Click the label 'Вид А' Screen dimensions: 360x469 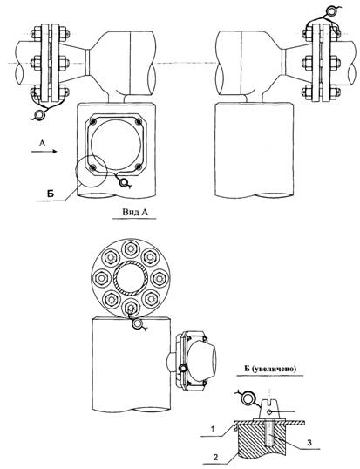coord(135,212)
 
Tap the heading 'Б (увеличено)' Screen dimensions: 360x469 coord(270,369)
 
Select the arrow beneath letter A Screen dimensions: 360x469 coord(44,152)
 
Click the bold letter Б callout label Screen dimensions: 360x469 coord(51,194)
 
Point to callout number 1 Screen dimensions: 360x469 coord(213,429)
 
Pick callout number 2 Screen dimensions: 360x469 coord(215,457)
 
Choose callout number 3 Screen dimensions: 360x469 coord(309,442)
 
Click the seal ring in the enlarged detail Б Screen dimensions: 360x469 coord(248,398)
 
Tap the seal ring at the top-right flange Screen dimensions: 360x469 coord(331,11)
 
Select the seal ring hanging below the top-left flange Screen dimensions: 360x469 coord(39,114)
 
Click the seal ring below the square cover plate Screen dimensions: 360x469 coord(123,182)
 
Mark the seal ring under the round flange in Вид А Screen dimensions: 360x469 coord(138,324)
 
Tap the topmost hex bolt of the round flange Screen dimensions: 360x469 coord(130,248)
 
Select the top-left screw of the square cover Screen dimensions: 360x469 coord(93,121)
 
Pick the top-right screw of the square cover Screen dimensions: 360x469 coord(138,121)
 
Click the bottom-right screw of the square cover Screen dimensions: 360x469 coord(138,167)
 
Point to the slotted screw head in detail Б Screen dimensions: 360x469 coord(270,409)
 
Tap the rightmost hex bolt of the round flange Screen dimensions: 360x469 coord(159,279)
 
